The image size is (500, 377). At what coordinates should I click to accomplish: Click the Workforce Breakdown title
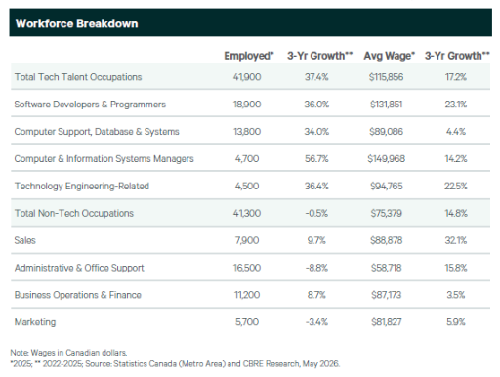(77, 23)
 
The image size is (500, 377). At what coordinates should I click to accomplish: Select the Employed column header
(249, 56)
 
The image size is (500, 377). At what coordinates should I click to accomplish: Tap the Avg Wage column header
(390, 56)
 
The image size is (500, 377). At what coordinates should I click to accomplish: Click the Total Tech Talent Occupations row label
(78, 77)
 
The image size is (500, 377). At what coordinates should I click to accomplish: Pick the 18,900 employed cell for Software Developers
(247, 105)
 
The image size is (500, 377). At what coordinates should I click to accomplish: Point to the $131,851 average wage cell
(387, 105)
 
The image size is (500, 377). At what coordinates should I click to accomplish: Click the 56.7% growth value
(316, 159)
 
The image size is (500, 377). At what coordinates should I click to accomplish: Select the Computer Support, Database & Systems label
(97, 132)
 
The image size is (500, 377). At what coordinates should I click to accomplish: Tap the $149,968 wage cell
(387, 159)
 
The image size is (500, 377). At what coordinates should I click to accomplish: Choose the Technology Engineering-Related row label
(82, 187)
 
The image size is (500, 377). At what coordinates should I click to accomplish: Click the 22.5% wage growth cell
(456, 187)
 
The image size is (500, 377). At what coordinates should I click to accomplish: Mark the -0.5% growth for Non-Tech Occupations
(316, 213)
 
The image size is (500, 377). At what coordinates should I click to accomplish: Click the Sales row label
(25, 240)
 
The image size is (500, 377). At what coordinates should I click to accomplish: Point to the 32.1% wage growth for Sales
(456, 240)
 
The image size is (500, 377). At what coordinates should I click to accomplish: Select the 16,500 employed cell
(247, 268)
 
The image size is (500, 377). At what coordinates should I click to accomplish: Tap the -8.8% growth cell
(316, 268)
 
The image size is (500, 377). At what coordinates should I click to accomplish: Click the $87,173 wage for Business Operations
(387, 295)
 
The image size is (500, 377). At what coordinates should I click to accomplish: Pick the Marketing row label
(35, 322)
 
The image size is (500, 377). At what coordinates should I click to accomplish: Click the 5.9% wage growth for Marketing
(456, 322)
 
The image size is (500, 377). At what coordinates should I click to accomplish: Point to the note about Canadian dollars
(68, 353)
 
